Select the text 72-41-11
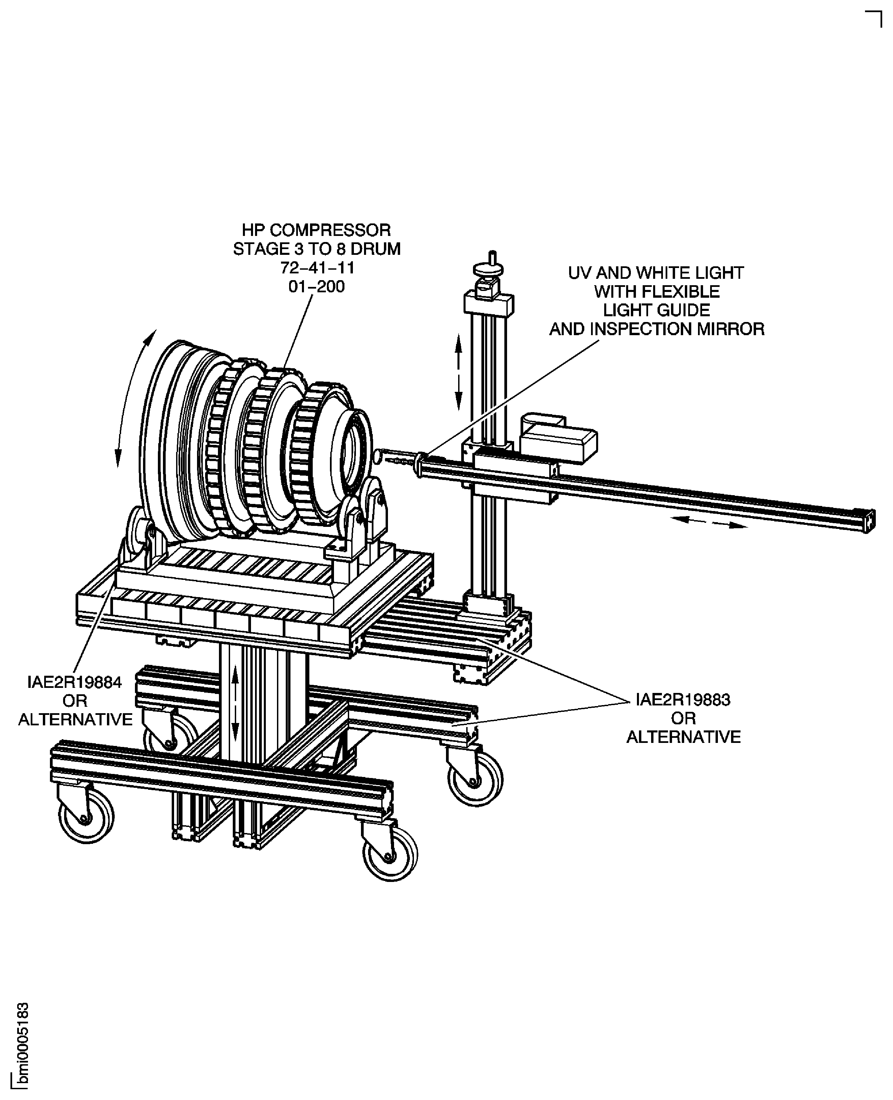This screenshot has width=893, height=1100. point(317,268)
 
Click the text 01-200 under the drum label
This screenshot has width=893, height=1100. point(316,286)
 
